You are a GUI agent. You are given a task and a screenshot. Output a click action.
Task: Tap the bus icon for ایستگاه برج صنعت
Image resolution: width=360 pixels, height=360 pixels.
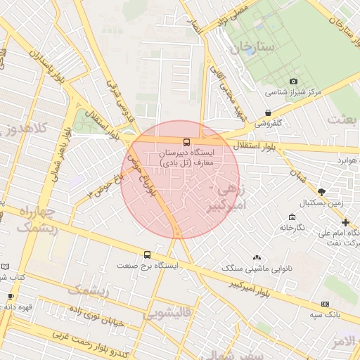pos(147,255)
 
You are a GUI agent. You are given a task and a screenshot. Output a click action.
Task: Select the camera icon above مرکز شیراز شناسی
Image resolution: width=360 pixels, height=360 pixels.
pos(293,82)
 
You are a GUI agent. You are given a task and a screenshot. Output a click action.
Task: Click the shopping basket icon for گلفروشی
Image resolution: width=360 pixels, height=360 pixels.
pos(269,112)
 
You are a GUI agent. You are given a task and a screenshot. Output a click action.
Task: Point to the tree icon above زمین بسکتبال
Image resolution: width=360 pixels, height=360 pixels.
pos(322,191)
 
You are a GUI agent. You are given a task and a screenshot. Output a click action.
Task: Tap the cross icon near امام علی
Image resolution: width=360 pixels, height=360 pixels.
pos(345,222)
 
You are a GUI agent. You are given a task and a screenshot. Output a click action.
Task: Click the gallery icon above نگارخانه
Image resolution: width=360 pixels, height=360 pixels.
pos(292,217)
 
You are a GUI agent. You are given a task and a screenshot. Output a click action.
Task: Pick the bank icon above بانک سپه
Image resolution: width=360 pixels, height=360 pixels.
pos(325,304)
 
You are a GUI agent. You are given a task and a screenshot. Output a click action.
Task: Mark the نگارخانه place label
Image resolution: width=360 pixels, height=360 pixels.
pos(292,228)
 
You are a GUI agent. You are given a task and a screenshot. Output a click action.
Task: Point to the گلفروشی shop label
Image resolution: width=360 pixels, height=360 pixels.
pos(268,122)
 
